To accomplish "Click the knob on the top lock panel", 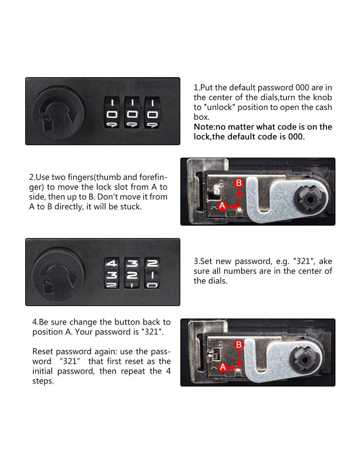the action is point(58,112).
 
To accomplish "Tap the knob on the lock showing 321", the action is point(58,274).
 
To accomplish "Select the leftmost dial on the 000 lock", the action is point(112,112).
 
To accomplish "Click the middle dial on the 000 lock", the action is point(132,112).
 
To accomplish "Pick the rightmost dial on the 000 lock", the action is point(152,112).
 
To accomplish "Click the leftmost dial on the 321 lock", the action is point(111,273).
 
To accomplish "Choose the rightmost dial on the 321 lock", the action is point(152,273).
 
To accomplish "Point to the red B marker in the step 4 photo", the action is point(239,345).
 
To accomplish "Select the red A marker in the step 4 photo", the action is point(223,368).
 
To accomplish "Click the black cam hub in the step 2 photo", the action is point(309,200).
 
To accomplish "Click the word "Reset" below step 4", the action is point(43,352).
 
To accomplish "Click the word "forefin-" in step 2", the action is point(153,177).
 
